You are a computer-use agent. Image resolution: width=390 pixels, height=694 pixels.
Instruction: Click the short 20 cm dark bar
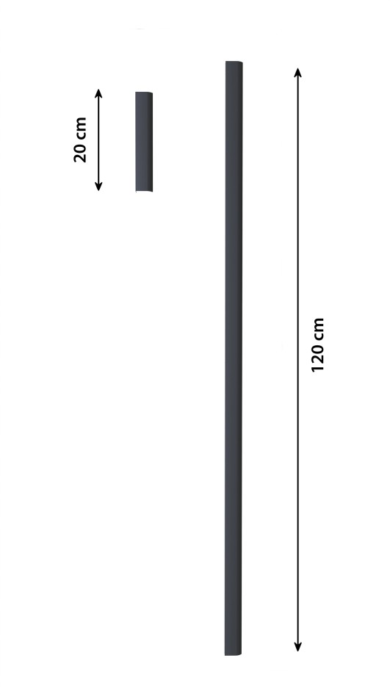coord(144,142)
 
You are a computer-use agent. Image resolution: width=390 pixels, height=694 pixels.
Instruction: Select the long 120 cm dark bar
coord(234,358)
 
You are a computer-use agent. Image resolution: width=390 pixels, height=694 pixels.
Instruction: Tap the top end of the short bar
coord(144,93)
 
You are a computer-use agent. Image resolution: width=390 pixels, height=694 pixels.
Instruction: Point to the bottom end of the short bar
coord(144,191)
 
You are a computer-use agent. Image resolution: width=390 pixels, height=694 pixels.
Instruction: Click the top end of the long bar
coord(234,62)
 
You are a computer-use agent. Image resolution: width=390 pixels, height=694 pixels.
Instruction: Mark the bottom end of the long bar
coord(233,654)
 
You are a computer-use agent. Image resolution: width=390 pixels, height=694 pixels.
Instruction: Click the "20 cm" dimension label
coord(80,140)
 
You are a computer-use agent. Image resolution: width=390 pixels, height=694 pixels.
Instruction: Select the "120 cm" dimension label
coord(318,344)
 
